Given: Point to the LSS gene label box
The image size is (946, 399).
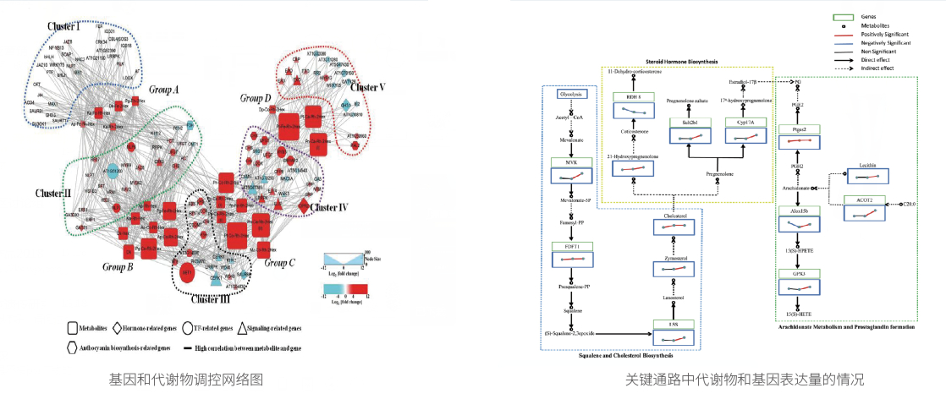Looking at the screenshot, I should tap(673, 324).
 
